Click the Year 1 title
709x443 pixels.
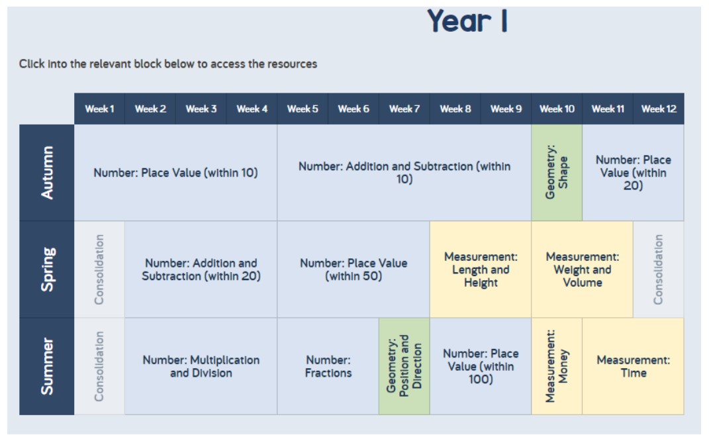click(x=467, y=21)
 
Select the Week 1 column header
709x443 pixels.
click(x=99, y=109)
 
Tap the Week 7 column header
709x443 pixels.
click(x=404, y=109)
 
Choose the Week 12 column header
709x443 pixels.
click(x=658, y=109)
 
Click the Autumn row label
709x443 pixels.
click(x=46, y=172)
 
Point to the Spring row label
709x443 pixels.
click(x=46, y=270)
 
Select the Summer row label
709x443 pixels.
click(x=46, y=366)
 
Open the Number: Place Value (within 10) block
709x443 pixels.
click(x=176, y=172)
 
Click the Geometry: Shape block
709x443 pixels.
click(x=557, y=172)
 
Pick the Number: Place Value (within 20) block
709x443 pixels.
click(x=633, y=172)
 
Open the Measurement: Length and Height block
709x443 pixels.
click(x=481, y=270)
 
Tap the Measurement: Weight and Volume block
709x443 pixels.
click(x=583, y=270)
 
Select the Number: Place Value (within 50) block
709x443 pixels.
click(x=354, y=270)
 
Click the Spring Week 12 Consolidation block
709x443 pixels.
click(x=658, y=270)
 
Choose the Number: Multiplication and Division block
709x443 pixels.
click(x=201, y=366)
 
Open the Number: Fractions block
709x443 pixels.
click(x=328, y=366)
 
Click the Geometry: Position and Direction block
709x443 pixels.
click(x=404, y=366)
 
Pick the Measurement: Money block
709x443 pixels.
click(x=557, y=366)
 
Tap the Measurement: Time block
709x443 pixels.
click(x=633, y=366)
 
